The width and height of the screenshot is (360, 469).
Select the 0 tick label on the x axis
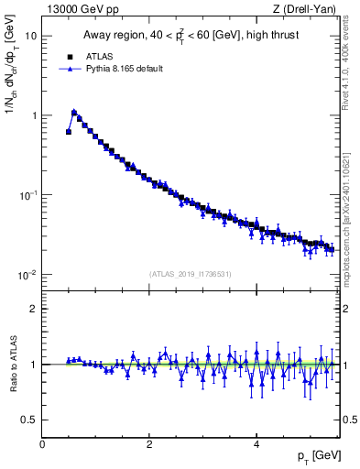point(42,443)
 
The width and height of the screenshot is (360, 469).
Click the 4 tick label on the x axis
point(256,443)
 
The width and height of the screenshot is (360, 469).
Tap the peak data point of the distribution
point(74,113)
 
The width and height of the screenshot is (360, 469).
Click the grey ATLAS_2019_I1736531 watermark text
point(191,274)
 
